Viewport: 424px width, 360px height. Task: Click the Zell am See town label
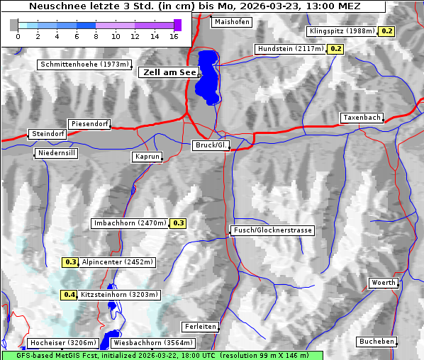pos(169,72)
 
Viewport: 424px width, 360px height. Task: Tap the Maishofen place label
pos(231,22)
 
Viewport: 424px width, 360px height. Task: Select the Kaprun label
pos(147,157)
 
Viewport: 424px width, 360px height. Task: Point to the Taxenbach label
pos(362,118)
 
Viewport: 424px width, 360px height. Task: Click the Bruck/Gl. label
pos(211,145)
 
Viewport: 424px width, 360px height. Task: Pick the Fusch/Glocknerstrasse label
pos(272,230)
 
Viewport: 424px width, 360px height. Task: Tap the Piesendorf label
pos(89,124)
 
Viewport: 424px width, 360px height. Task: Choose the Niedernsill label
pos(56,154)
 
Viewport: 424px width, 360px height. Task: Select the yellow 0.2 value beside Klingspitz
pos(386,31)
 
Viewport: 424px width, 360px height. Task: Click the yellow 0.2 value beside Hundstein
pos(335,49)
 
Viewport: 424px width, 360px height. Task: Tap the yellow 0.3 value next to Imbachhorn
pos(178,223)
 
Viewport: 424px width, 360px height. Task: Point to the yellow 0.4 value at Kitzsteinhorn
pos(69,295)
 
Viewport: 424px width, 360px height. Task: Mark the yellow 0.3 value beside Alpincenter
pos(70,262)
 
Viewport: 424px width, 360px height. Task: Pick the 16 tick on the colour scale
pos(174,35)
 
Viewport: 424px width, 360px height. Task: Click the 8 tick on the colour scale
pos(96,35)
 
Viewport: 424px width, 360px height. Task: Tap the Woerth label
pos(384,283)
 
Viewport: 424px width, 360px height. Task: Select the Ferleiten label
pos(199,327)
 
